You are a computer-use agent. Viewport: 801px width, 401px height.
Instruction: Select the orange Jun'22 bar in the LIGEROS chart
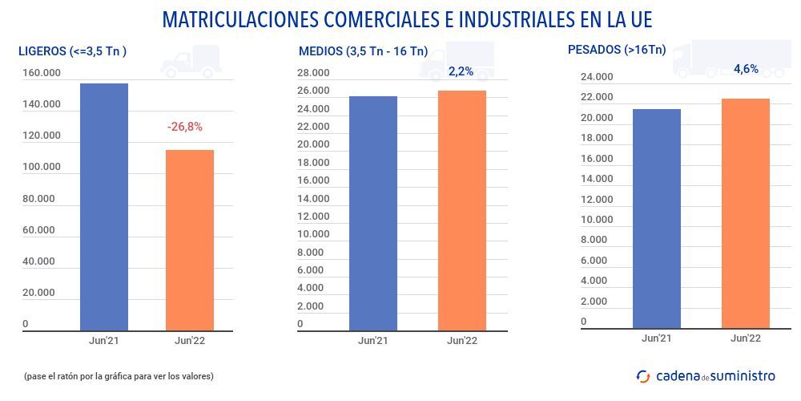pos(189,240)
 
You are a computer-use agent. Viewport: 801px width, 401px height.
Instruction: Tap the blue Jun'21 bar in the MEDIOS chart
pos(372,213)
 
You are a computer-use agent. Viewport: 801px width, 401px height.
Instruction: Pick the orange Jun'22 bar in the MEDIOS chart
pos(461,210)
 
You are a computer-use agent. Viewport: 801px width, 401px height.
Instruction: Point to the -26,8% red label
pos(184,127)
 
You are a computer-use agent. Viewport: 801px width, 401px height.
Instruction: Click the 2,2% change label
pos(461,71)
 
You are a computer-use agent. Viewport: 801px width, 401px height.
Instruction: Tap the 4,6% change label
pos(746,69)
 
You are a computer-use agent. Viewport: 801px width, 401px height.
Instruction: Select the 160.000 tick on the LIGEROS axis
pos(41,74)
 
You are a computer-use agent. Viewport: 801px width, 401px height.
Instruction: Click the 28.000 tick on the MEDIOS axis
pos(312,74)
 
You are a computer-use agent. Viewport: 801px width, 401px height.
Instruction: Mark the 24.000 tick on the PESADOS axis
pos(597,77)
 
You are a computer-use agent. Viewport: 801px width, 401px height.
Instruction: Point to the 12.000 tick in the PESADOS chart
pos(597,199)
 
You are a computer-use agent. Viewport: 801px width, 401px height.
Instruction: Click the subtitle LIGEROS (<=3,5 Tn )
pos(72,51)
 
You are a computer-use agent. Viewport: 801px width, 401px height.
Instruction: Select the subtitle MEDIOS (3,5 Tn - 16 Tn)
pos(363,51)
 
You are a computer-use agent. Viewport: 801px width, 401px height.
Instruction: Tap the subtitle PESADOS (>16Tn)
pos(617,50)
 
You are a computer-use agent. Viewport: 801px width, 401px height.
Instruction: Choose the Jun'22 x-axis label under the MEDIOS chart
pos(461,341)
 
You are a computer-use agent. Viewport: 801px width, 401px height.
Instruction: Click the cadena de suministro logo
pos(706,375)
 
